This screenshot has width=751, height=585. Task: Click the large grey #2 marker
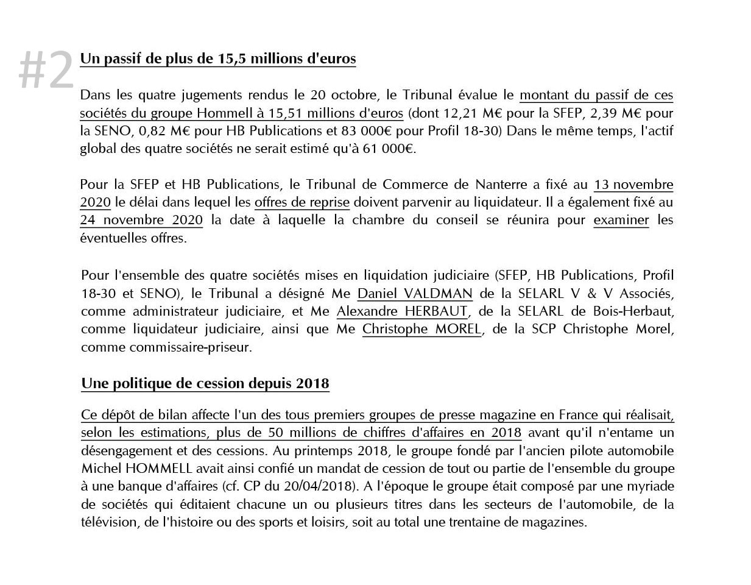pyautogui.click(x=46, y=70)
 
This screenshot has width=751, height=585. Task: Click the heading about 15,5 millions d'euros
pyautogui.click(x=217, y=58)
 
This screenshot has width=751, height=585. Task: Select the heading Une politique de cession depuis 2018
pyautogui.click(x=205, y=383)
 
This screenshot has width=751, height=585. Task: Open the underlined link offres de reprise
pyautogui.click(x=302, y=202)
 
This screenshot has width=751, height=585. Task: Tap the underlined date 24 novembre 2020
pyautogui.click(x=141, y=219)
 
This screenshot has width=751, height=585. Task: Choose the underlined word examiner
pyautogui.click(x=621, y=219)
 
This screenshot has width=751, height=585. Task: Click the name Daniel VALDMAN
pyautogui.click(x=415, y=293)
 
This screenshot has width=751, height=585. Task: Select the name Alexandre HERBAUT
pyautogui.click(x=402, y=311)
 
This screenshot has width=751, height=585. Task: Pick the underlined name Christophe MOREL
pyautogui.click(x=421, y=328)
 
